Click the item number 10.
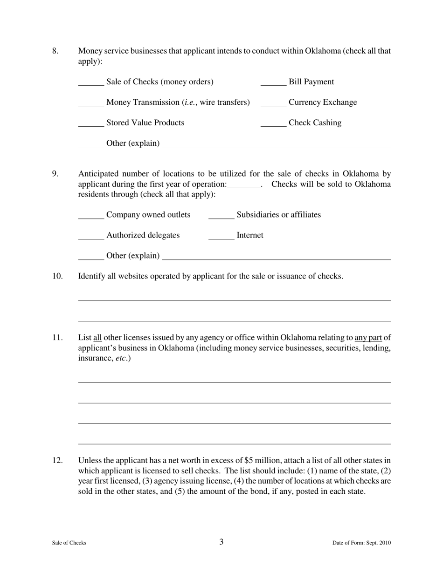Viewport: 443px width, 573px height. (57, 276)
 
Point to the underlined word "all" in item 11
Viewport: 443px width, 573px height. (97, 338)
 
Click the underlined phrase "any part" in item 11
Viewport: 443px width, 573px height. (368, 338)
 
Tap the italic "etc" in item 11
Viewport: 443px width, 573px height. (122, 358)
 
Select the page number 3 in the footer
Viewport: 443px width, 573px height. (221, 542)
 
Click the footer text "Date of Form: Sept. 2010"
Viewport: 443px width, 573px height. (361, 543)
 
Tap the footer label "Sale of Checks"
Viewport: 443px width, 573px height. (69, 543)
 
